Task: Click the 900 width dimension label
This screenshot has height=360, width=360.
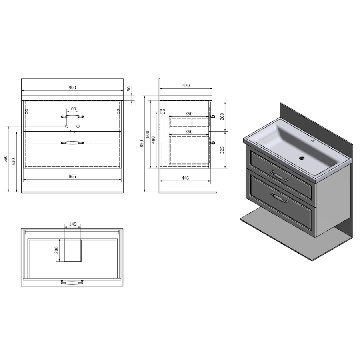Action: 72,88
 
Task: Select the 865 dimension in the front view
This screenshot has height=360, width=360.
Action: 72,176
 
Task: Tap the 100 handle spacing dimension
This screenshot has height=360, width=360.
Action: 72,109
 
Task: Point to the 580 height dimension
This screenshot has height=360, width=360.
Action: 6,159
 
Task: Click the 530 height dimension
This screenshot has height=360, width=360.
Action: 14,162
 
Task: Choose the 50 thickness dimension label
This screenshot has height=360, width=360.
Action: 129,89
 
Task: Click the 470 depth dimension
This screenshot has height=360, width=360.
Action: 186,86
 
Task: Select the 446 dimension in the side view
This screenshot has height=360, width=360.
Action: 185,178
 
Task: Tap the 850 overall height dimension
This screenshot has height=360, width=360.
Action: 142,144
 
